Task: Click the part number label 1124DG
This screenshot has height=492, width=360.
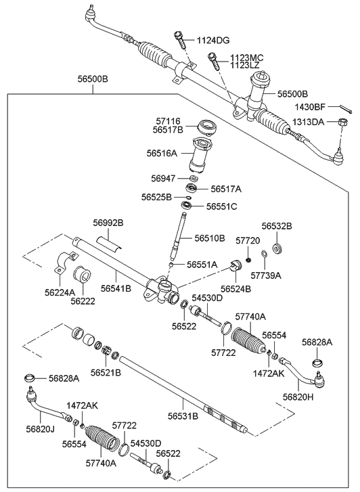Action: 215,41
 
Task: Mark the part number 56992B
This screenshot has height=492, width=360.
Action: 109,222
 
